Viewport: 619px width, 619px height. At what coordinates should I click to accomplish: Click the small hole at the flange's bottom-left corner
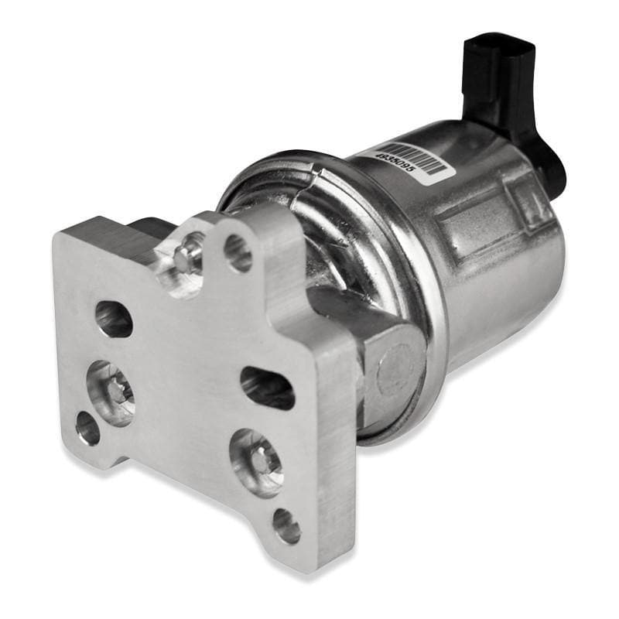pos(87,428)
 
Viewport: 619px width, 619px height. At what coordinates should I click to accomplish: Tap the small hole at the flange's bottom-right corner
pos(286,525)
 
